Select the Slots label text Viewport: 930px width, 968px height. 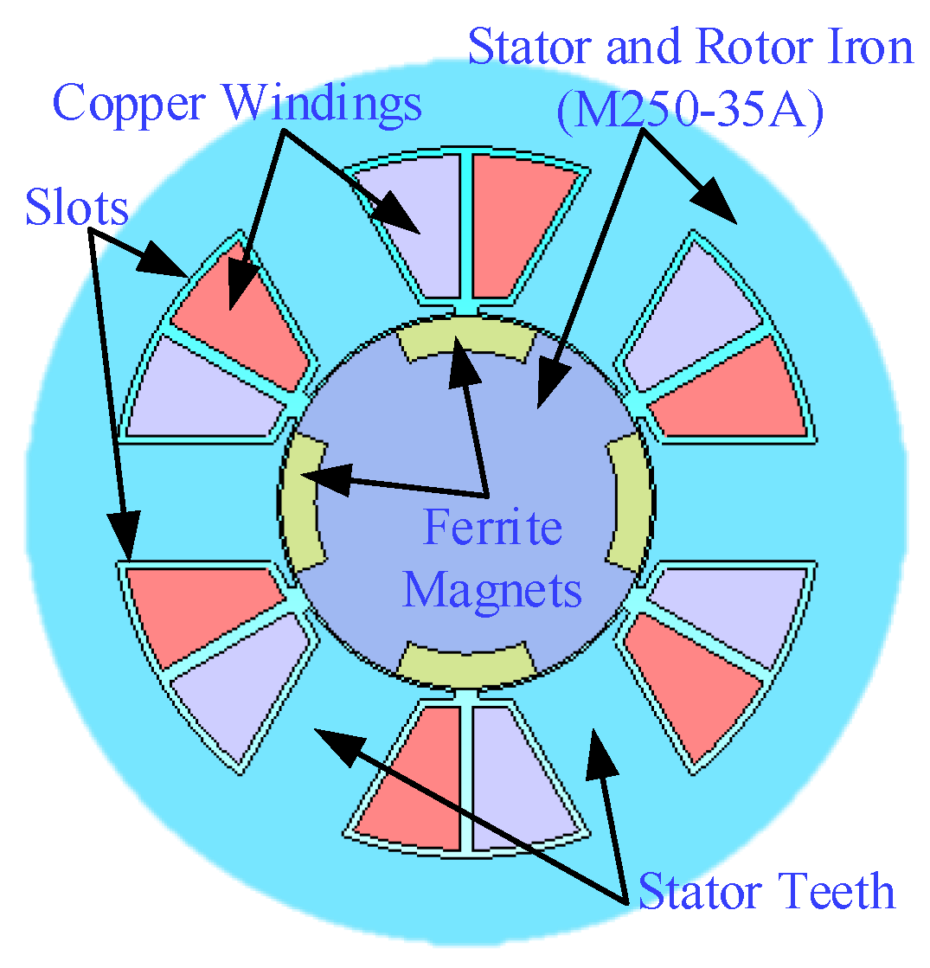[x=76, y=208]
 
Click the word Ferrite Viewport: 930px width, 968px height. [x=492, y=527]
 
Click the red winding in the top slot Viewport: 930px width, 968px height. [x=519, y=229]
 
